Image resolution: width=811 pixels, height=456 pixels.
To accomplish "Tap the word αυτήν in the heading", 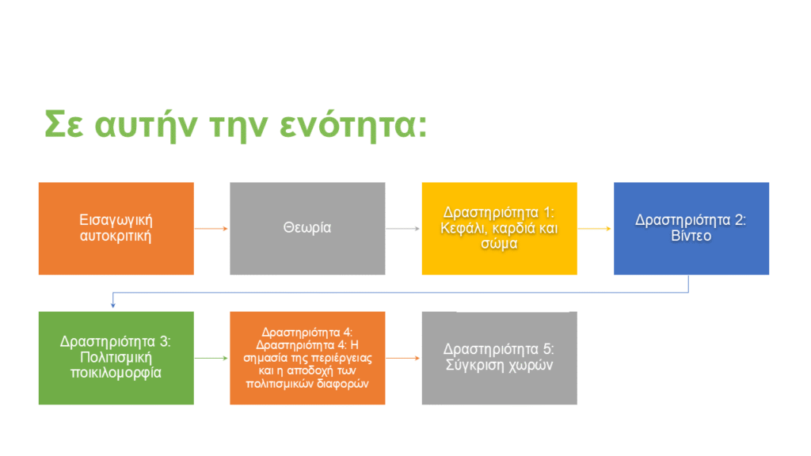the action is (x=146, y=126).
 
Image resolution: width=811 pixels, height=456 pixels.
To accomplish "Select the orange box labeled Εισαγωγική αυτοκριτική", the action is (x=116, y=229).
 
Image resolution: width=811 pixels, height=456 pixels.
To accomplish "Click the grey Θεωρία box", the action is (x=308, y=229).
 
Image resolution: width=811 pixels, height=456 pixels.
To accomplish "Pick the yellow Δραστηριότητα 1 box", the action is (x=500, y=229).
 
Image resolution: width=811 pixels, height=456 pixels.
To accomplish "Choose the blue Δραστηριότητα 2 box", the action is (x=691, y=229).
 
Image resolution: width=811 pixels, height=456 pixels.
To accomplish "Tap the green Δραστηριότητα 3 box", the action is (x=116, y=358).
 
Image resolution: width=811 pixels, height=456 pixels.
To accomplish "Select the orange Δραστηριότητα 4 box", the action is (x=308, y=358).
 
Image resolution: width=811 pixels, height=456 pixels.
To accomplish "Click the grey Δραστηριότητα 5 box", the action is (x=500, y=358).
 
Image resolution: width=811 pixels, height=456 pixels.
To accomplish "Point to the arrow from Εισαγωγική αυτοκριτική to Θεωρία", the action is (x=211, y=229).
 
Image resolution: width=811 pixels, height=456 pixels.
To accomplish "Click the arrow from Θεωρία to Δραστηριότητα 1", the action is (x=403, y=229).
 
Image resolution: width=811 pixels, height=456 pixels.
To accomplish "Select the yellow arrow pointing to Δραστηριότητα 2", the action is (x=595, y=229).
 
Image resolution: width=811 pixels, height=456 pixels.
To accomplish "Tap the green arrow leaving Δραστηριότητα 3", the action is (x=211, y=358).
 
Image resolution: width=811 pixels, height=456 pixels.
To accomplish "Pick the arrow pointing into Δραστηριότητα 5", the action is (x=403, y=358).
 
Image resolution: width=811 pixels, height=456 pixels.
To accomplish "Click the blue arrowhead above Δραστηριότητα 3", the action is (x=113, y=306).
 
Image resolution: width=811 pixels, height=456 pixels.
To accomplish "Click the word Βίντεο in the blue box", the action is (x=691, y=236).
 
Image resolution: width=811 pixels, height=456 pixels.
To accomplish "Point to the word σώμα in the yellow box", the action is (x=499, y=244).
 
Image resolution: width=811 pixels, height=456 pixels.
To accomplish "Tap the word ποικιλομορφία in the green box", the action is (x=116, y=374).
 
